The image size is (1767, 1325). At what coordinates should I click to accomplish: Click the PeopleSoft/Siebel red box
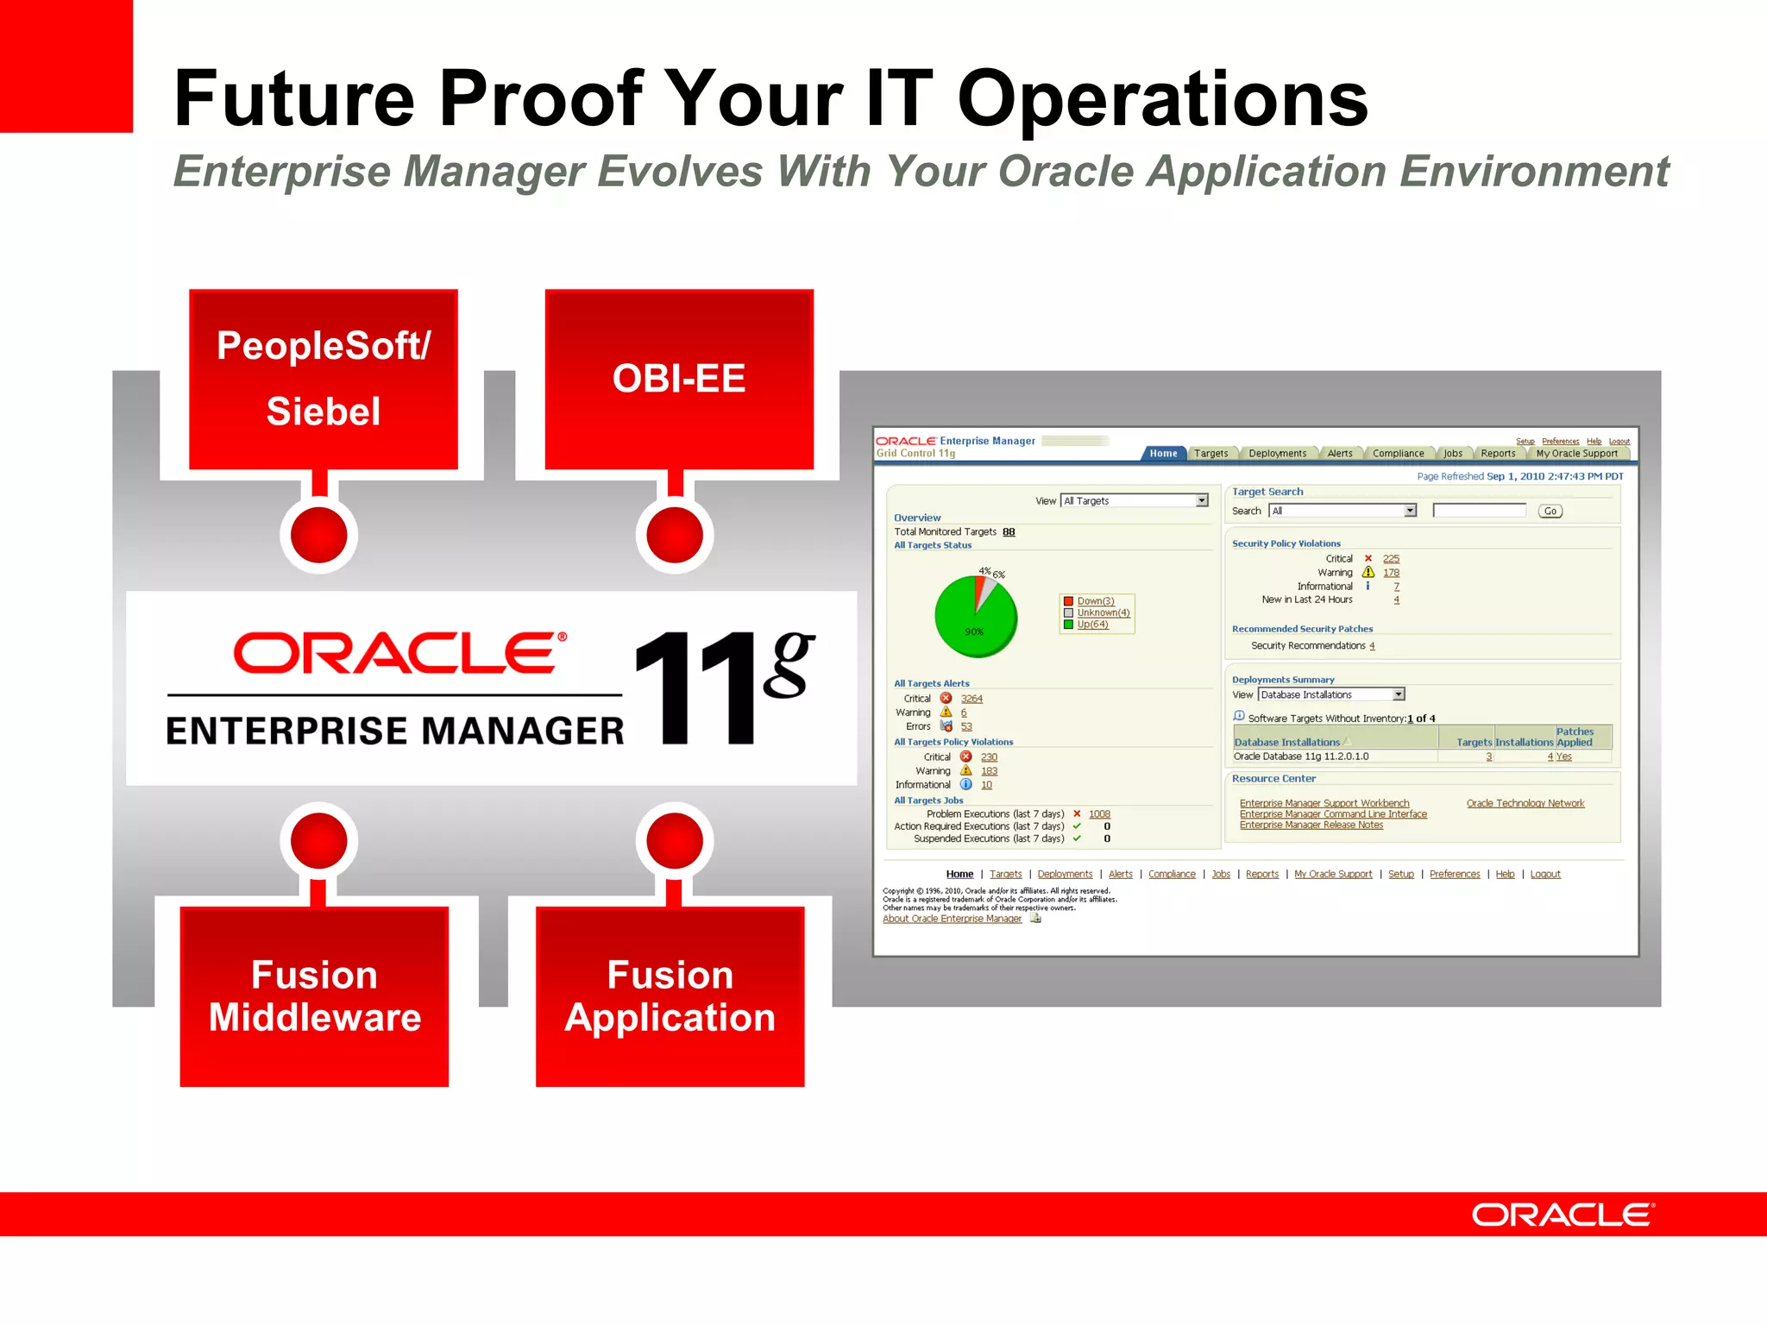pos(324,380)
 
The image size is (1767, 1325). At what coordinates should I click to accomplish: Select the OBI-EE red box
pos(679,380)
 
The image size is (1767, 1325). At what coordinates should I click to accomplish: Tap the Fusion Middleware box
pos(314,996)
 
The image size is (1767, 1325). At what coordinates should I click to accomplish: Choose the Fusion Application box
pos(670,996)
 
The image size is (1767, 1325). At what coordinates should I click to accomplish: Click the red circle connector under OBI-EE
pos(675,535)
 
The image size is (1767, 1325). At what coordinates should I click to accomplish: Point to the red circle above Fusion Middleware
pos(318,840)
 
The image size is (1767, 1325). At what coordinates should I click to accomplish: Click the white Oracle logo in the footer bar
pos(1563,1215)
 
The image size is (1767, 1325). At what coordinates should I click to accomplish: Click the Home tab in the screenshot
pos(1163,454)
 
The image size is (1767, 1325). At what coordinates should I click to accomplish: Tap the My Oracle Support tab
pos(1576,454)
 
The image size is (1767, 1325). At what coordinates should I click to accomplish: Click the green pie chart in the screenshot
pos(976,617)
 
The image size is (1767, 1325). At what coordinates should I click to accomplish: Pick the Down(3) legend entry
pos(1095,601)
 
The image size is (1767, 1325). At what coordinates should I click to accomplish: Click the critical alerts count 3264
pos(972,699)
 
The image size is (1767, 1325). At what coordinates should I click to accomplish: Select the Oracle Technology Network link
pos(1525,803)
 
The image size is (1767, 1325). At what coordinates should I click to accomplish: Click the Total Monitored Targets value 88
pos(1009,532)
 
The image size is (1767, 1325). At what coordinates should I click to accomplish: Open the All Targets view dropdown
pos(1201,501)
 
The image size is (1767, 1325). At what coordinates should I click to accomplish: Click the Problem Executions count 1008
pos(1099,814)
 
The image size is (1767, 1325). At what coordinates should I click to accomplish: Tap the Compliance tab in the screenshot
pos(1398,454)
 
